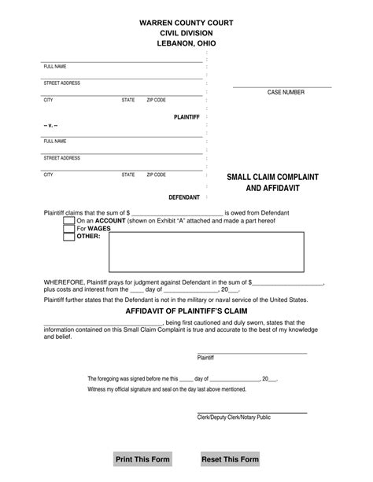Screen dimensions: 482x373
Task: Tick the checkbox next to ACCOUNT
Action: coord(69,221)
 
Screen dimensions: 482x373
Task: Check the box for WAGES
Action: coord(69,229)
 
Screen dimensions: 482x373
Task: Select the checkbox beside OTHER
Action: coord(69,237)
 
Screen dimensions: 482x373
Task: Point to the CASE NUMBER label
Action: coord(286,92)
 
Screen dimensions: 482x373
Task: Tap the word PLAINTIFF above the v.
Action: coord(187,116)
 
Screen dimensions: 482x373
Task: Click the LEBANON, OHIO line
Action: coord(186,44)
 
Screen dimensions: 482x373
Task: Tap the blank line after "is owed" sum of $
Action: coord(176,212)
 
